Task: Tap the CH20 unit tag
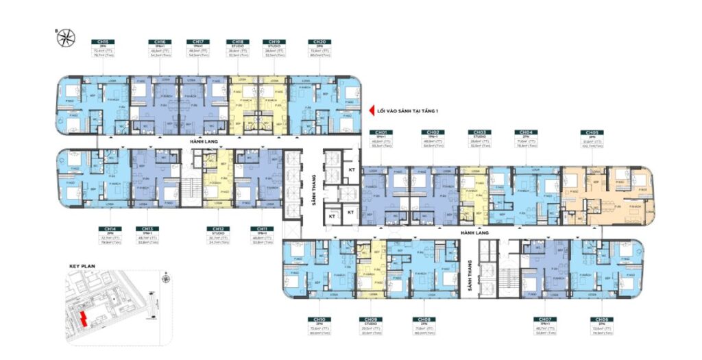point(316,42)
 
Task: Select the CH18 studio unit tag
point(237,42)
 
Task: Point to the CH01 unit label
point(380,132)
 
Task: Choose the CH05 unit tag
point(590,132)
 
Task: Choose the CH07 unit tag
point(545,320)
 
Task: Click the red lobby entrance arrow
point(364,108)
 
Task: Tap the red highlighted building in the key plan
point(84,318)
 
